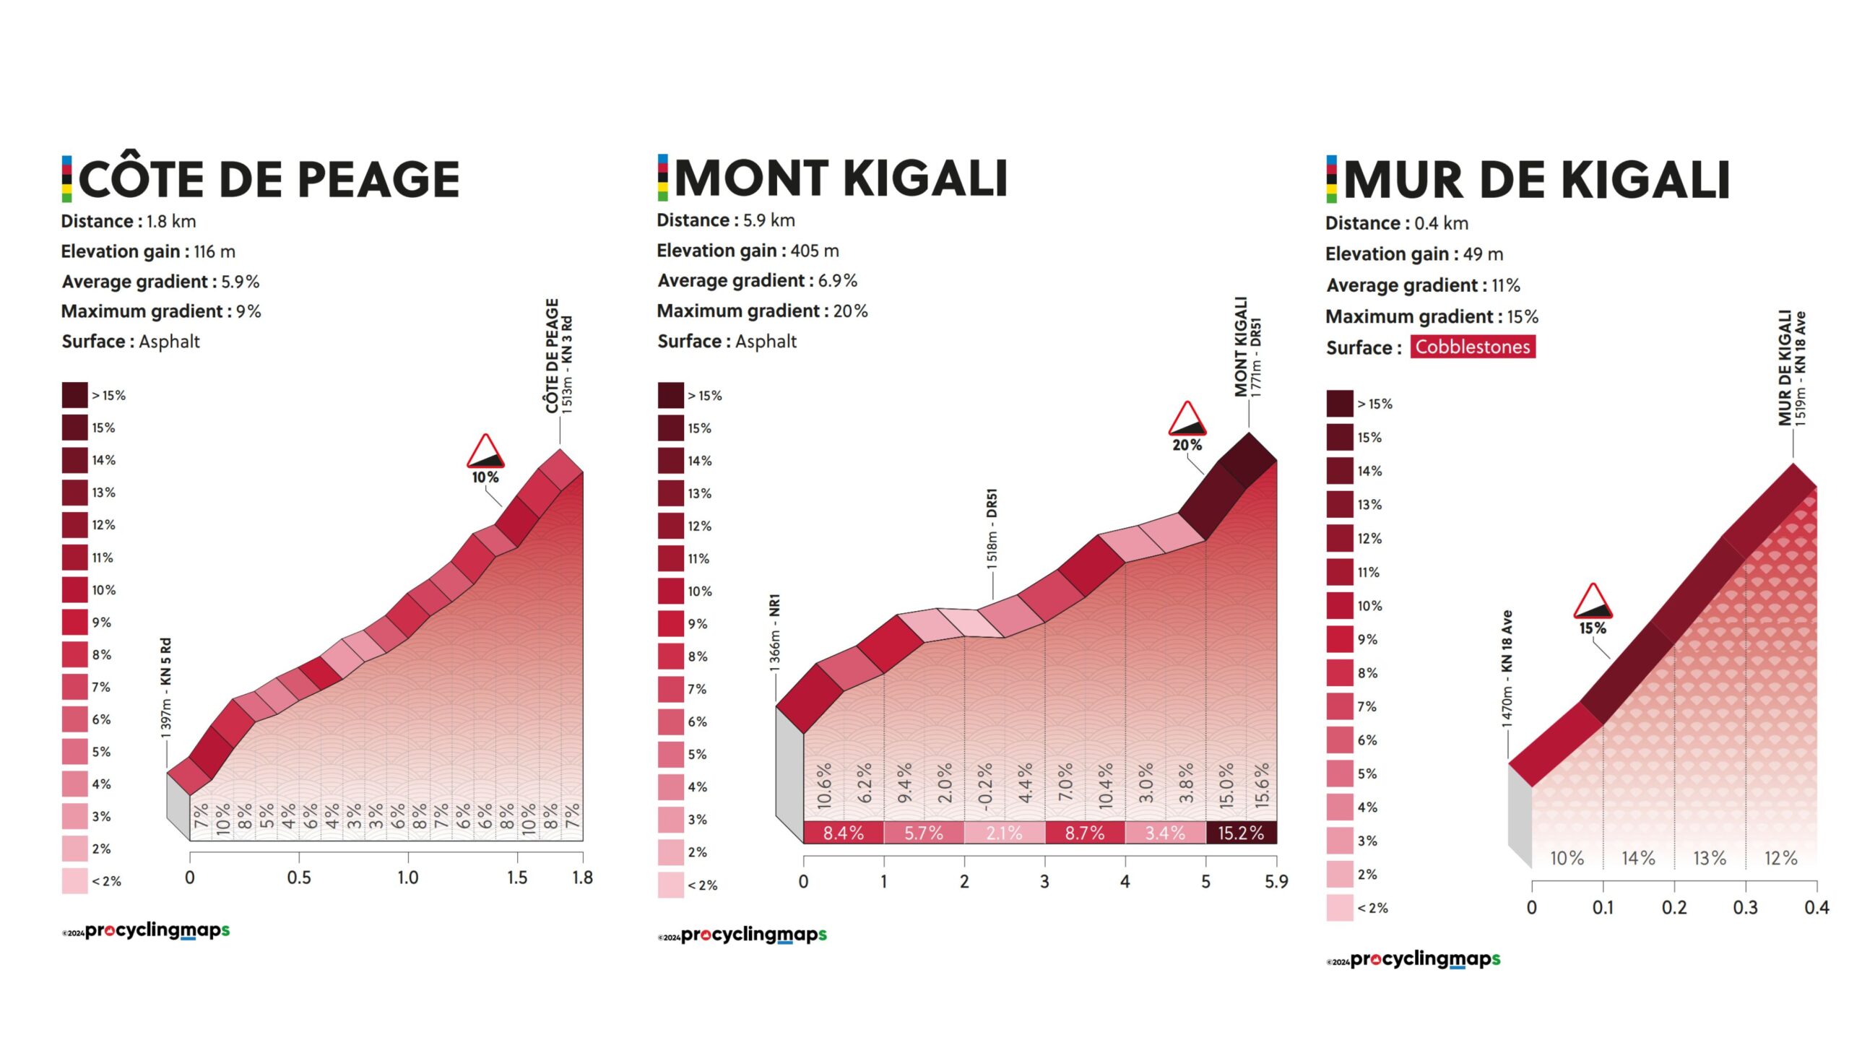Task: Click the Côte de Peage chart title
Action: pos(269,179)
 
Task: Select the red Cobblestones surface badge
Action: pos(1472,347)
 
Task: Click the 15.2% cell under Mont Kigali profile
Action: pos(1240,833)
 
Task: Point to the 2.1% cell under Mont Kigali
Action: pos(1004,833)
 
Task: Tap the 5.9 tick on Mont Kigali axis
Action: pos(1276,881)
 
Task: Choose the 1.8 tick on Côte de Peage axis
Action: pos(582,877)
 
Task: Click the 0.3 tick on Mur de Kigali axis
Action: pos(1745,907)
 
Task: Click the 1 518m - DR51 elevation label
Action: pos(992,529)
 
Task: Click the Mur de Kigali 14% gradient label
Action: pos(1638,858)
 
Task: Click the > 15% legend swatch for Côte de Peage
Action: pos(74,395)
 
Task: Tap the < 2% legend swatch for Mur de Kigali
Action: pos(1339,908)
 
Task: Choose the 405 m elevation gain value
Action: pos(814,251)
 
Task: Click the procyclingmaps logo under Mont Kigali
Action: pos(753,935)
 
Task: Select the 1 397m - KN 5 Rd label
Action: pos(166,688)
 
